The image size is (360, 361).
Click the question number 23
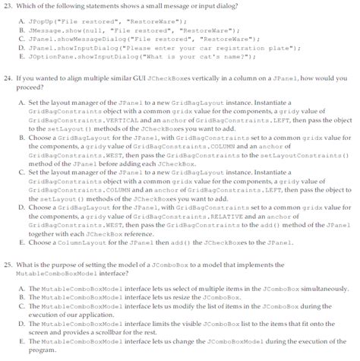tap(9, 6)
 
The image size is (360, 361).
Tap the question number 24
tap(9, 78)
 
